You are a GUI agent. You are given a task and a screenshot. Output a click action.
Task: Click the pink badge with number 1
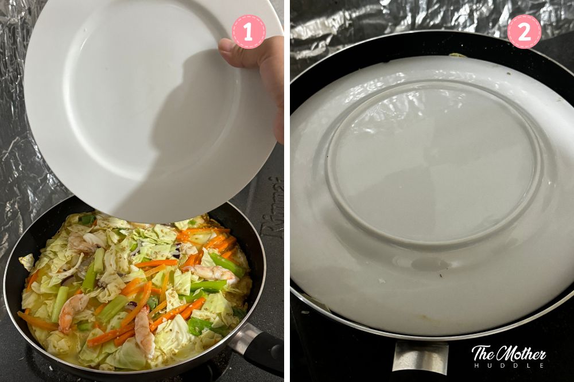click(x=248, y=32)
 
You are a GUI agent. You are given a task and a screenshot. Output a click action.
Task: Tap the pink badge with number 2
click(x=523, y=32)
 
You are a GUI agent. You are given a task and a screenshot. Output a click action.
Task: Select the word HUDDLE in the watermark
click(x=509, y=365)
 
